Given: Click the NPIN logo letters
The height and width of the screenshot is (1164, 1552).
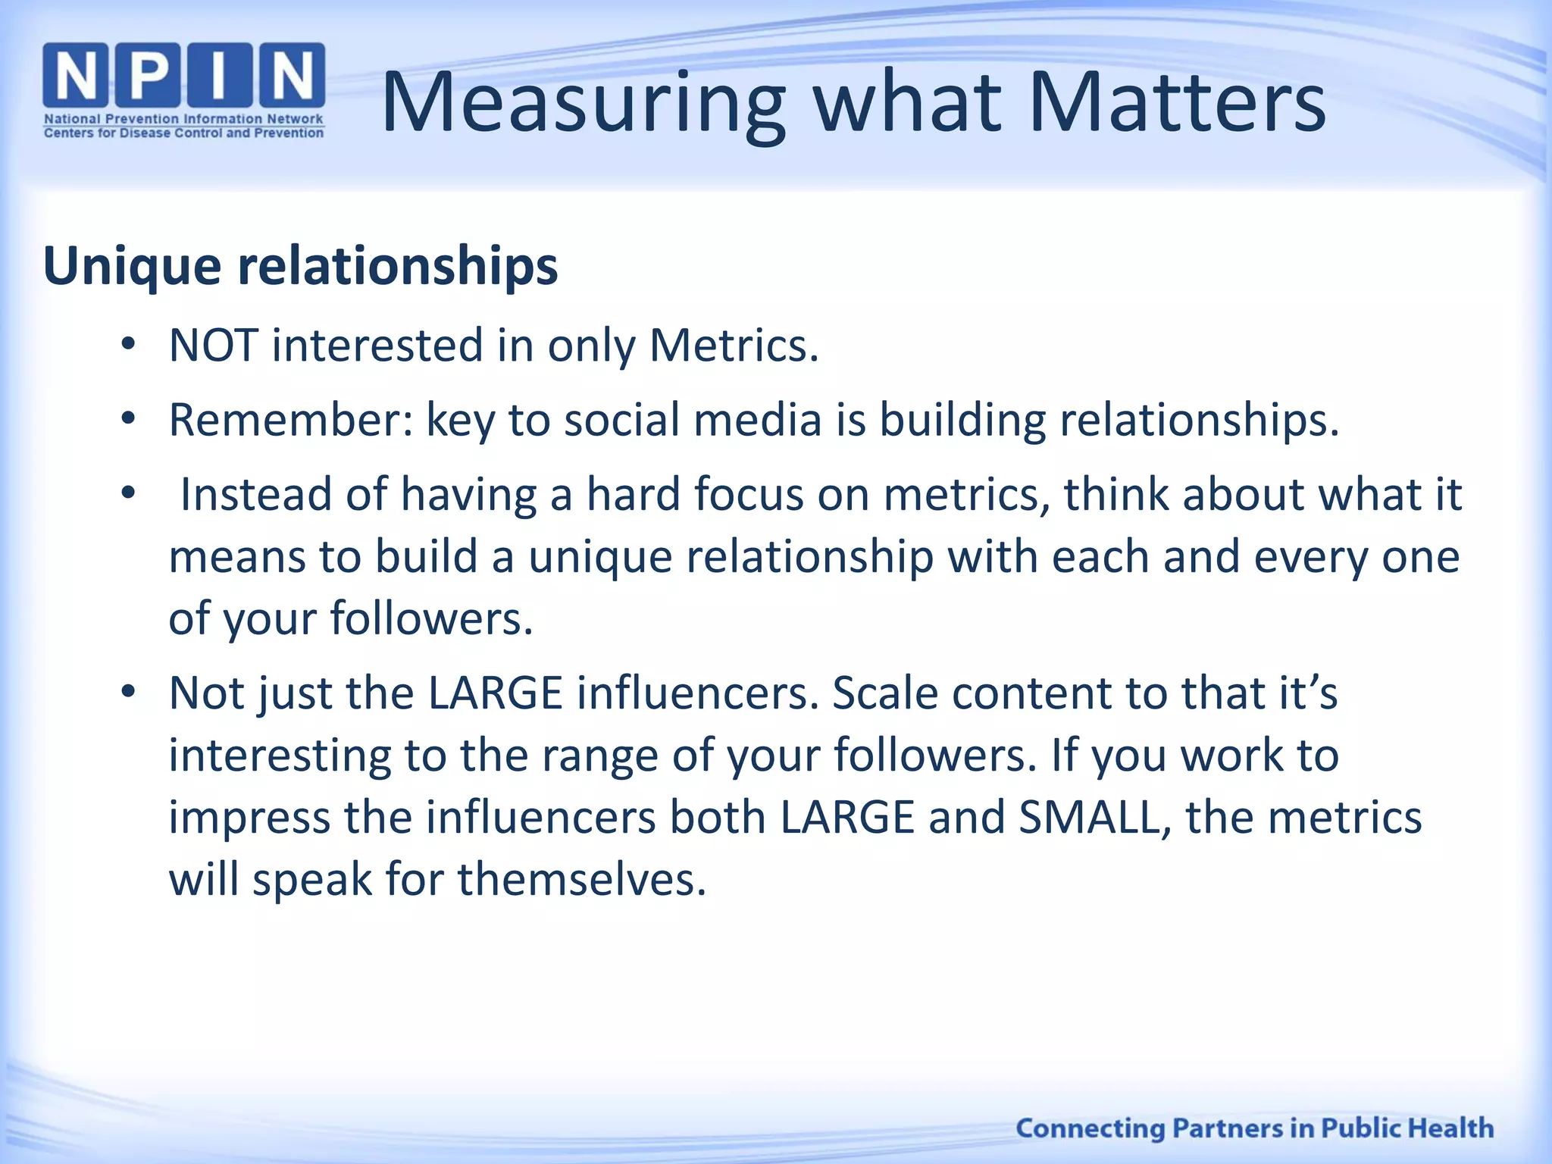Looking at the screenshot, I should (x=183, y=76).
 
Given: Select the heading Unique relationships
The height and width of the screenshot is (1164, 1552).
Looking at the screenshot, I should (x=301, y=267).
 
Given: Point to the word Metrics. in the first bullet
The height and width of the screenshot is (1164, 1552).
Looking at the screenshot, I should (x=734, y=346).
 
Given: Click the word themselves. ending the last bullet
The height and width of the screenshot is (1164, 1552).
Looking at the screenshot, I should (x=582, y=880).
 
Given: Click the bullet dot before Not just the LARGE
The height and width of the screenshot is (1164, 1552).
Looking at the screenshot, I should (x=128, y=692).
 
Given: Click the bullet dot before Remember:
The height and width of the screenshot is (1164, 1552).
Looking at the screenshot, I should (x=128, y=419).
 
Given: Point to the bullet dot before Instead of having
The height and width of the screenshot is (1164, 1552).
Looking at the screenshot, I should (x=128, y=493).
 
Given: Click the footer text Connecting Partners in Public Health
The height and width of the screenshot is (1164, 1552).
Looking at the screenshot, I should (x=1254, y=1128).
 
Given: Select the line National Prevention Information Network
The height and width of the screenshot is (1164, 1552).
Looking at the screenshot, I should (x=183, y=119).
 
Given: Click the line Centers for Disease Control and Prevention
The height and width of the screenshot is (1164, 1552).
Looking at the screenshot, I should (x=183, y=133).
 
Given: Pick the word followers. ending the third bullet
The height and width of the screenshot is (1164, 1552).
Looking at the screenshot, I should (x=431, y=618).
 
